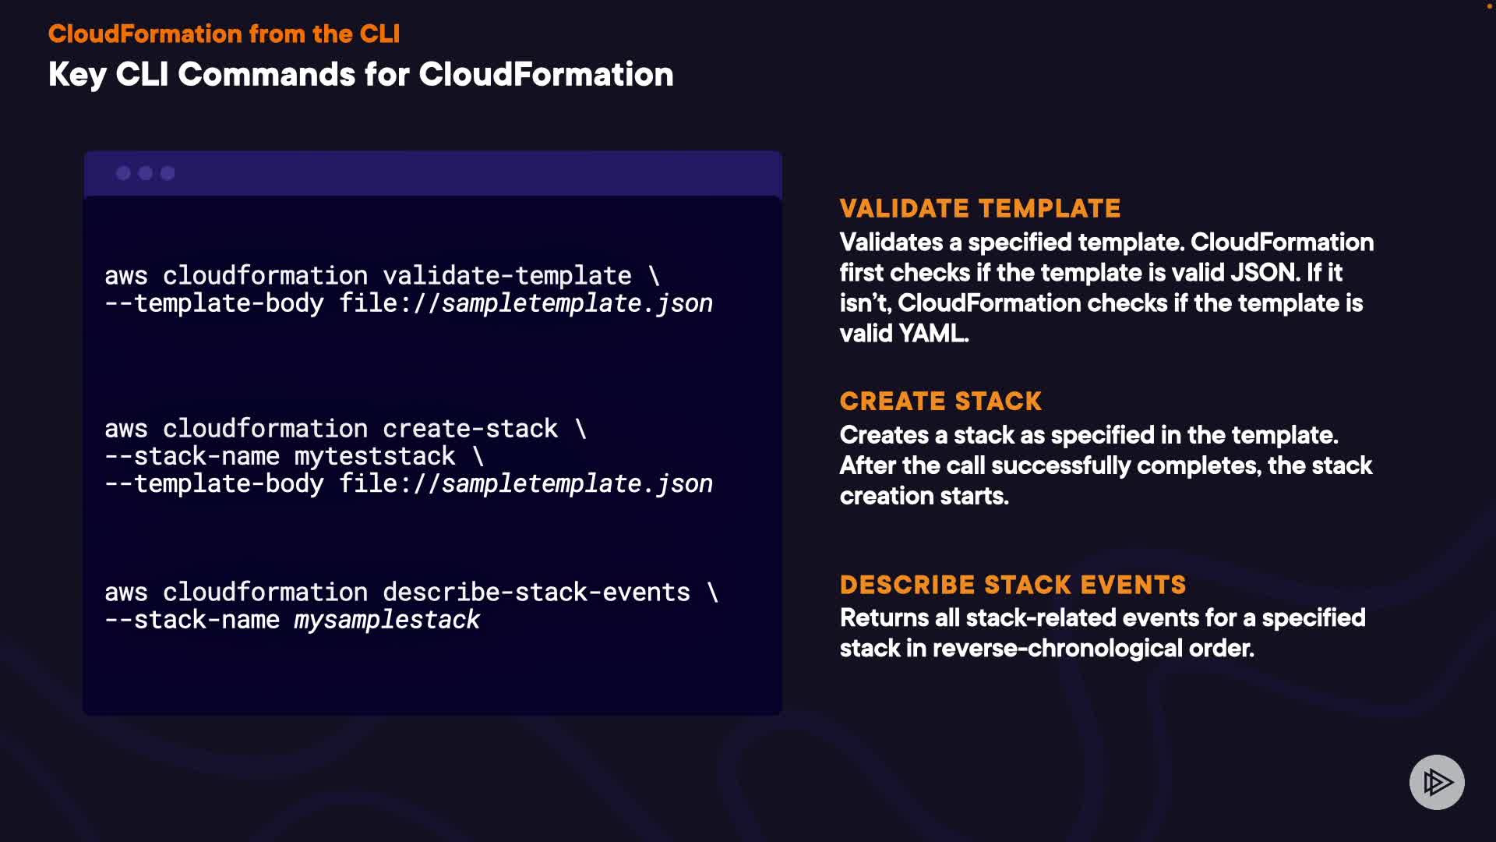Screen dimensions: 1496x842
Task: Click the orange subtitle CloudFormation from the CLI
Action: pos(224,34)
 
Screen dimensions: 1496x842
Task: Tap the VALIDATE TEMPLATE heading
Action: pos(980,208)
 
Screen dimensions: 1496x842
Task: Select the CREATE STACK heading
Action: pos(940,401)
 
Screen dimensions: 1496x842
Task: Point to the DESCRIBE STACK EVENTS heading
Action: pos(1013,585)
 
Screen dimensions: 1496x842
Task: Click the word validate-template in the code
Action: pos(507,275)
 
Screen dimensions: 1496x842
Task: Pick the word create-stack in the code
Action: pos(471,428)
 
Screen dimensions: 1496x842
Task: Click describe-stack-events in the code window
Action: pos(536,592)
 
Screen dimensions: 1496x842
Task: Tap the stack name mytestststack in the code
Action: pos(375,456)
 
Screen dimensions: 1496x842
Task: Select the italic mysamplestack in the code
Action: pos(386,620)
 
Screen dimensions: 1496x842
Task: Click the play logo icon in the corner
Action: pos(1437,782)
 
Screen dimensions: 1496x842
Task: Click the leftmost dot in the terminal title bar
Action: pos(123,173)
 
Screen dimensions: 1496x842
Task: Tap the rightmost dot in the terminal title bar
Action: pos(168,173)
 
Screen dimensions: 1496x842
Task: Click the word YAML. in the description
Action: pos(933,333)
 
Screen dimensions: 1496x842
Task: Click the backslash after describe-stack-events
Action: pos(713,592)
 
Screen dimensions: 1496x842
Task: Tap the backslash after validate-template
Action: pos(654,275)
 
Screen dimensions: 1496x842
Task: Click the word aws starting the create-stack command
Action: pos(126,430)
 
